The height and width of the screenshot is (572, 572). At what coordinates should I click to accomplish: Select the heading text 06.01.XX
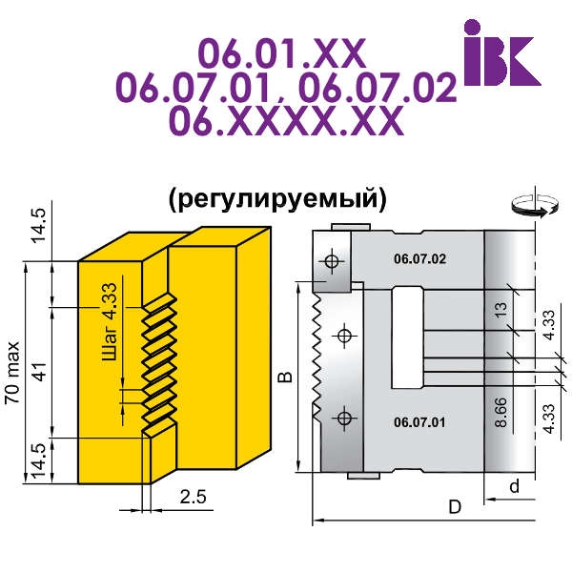(x=282, y=53)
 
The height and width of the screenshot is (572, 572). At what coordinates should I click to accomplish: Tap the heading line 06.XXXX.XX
(x=287, y=121)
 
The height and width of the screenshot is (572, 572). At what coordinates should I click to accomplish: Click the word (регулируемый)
(x=277, y=199)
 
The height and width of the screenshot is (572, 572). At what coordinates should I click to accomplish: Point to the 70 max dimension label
(x=12, y=373)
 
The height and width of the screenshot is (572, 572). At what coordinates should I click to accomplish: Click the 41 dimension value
(x=41, y=372)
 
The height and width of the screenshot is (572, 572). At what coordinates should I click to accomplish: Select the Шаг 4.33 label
(x=110, y=322)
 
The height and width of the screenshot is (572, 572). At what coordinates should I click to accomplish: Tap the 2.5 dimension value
(x=193, y=497)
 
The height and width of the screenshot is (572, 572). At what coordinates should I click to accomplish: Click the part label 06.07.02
(x=419, y=259)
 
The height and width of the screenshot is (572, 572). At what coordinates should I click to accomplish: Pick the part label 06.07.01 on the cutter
(x=419, y=422)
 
